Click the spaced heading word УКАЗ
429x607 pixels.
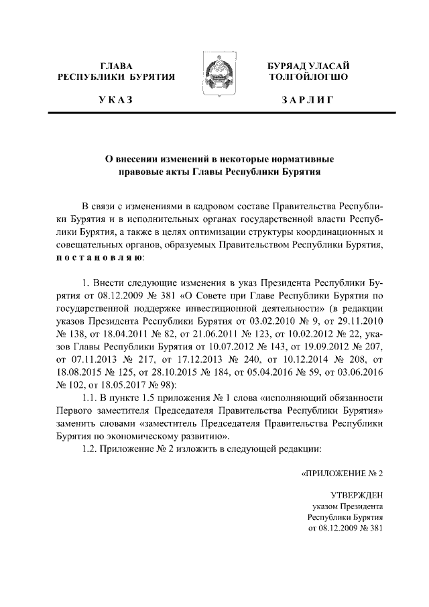tap(116, 101)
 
